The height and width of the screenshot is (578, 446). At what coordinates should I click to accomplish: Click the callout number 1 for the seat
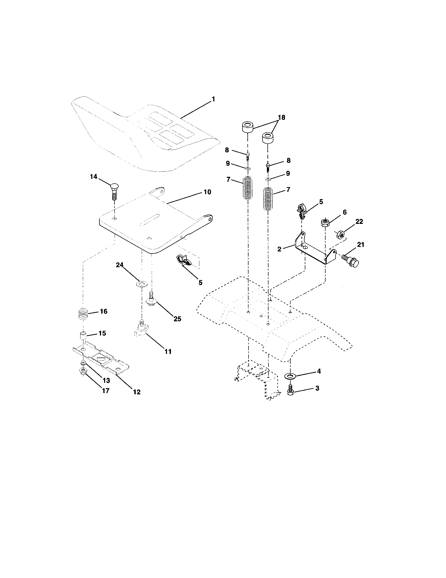point(213,99)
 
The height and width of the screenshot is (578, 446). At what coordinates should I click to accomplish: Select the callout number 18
point(281,117)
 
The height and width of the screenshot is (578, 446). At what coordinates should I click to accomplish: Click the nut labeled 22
point(340,234)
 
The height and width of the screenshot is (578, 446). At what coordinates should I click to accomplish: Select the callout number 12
point(137,392)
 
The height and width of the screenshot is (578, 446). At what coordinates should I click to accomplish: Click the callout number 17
point(105,390)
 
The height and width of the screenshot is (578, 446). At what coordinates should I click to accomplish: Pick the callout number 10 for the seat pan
point(207,192)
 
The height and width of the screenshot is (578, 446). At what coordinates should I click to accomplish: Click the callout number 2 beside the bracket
point(279,249)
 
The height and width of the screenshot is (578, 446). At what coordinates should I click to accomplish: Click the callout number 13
point(106,380)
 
